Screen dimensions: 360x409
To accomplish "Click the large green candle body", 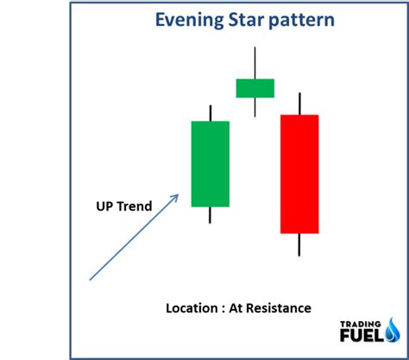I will click(x=210, y=164).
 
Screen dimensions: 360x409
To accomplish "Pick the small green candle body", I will click(x=255, y=87).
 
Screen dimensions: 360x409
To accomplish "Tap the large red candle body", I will click(x=299, y=174).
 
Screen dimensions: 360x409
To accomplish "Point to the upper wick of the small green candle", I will click(x=255, y=62).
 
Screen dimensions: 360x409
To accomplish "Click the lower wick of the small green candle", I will click(x=255, y=106).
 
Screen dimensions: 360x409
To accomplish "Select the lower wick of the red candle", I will click(x=299, y=243).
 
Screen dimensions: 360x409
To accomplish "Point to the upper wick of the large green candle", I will click(x=210, y=113).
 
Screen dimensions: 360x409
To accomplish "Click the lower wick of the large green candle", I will click(x=210, y=215).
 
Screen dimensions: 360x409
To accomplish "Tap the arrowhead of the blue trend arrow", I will click(x=175, y=196).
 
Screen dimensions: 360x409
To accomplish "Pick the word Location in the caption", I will click(x=192, y=307).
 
